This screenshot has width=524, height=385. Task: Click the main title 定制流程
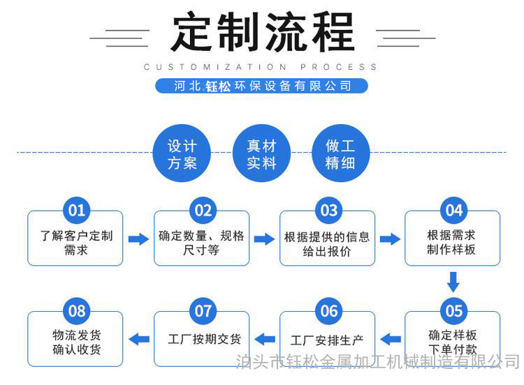coord(263,31)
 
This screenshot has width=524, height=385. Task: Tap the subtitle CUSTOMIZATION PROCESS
coord(261,67)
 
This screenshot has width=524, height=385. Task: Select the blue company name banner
coord(262,86)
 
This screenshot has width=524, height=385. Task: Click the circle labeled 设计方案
coord(182,153)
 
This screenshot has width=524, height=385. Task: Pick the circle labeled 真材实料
coord(261,153)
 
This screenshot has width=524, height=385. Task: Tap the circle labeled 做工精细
coord(340,153)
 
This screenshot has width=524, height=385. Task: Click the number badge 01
coord(77,210)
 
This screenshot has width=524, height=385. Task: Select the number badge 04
coord(454,210)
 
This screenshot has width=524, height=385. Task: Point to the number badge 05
coord(454,311)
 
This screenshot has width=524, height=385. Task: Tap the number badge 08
coord(77,311)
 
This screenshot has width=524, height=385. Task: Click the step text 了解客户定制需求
coord(77,243)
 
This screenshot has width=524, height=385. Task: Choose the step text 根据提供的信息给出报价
coord(327,244)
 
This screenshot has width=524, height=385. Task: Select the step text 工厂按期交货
coord(204,339)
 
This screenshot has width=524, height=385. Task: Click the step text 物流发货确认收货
coord(77,342)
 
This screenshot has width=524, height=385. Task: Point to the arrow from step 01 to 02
coord(139,239)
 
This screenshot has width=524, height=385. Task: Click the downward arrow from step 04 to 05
coord(453,282)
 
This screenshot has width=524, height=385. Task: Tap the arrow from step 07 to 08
coord(139,339)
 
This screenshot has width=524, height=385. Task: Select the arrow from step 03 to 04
coord(390,239)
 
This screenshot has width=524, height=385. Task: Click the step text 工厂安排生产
coord(327,340)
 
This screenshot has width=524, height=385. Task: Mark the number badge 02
coord(203,210)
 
